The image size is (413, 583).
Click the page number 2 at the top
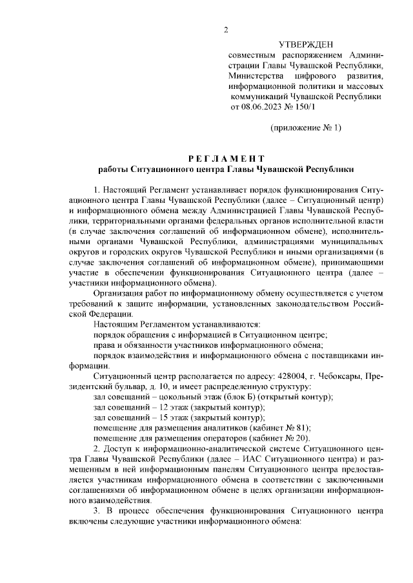226,30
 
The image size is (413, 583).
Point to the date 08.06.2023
261,106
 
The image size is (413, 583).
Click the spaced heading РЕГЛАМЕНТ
226,158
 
